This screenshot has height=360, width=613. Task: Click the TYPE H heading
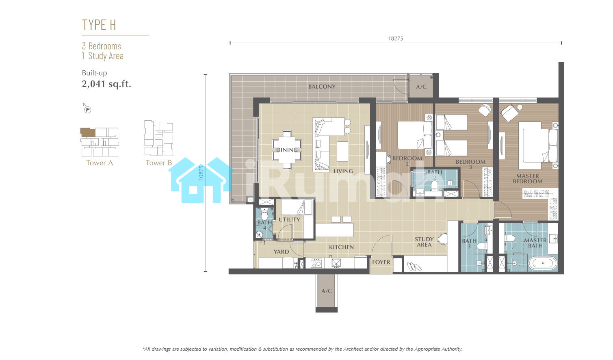pyautogui.click(x=99, y=25)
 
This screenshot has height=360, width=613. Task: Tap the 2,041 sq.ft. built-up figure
pyautogui.click(x=106, y=84)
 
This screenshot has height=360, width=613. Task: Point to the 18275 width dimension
pyautogui.click(x=396, y=39)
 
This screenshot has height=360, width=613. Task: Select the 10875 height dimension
pyautogui.click(x=201, y=173)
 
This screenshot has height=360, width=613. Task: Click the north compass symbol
pyautogui.click(x=87, y=109)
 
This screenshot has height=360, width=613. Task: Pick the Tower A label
pyautogui.click(x=100, y=163)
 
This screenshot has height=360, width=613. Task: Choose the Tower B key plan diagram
pyautogui.click(x=159, y=138)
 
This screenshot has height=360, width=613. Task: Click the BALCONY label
pyautogui.click(x=322, y=87)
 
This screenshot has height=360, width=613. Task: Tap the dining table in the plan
pyautogui.click(x=287, y=150)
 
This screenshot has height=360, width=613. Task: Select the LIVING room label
pyautogui.click(x=343, y=171)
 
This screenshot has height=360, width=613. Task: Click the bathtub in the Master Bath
pyautogui.click(x=542, y=263)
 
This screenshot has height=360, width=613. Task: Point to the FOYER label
pyautogui.click(x=381, y=262)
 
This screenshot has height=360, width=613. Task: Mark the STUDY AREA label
pyautogui.click(x=424, y=242)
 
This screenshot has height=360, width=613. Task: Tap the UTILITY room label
pyautogui.click(x=289, y=219)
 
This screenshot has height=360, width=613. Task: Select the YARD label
pyautogui.click(x=282, y=252)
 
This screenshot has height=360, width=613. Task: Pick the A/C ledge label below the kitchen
pyautogui.click(x=327, y=291)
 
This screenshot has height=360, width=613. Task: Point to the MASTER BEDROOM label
pyautogui.click(x=528, y=179)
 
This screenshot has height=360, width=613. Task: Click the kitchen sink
pyautogui.click(x=336, y=263)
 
